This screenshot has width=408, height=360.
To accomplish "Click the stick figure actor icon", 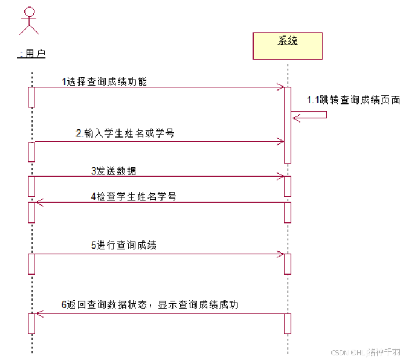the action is [x=28, y=21].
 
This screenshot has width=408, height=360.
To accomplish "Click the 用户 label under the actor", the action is [x=33, y=54].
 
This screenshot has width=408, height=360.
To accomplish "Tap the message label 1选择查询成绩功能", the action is [x=104, y=82].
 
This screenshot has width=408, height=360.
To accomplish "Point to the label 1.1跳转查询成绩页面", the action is [x=353, y=100].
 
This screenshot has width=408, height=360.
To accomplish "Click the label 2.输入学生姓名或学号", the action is [x=125, y=133].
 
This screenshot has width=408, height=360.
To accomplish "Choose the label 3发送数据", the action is [x=114, y=171].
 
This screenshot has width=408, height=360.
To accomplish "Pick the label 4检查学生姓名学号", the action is [x=133, y=196].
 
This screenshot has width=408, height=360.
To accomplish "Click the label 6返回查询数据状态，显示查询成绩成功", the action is [x=150, y=305].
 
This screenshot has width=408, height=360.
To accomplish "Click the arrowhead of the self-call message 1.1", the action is [x=295, y=118].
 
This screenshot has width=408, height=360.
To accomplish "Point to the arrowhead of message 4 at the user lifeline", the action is [x=39, y=202].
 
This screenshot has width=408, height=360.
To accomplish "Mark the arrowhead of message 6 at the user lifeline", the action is [x=39, y=314].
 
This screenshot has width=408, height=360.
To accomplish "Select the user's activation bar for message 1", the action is [x=32, y=97].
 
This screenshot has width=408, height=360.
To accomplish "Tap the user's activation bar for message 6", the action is [x=32, y=323].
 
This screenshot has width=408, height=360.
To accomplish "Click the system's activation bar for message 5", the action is [x=287, y=264].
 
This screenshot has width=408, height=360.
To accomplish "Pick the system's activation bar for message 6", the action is [x=287, y=323].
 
